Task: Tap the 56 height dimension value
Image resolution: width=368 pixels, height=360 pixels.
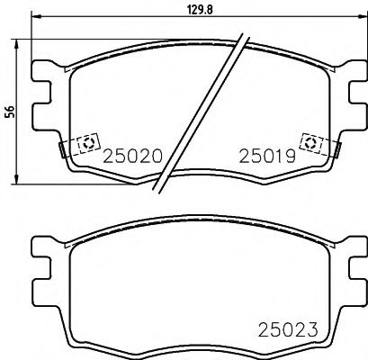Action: coord(10,111)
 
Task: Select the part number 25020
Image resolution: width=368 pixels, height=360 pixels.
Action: coord(132,156)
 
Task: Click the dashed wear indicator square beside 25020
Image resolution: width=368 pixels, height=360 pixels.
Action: coord(88,143)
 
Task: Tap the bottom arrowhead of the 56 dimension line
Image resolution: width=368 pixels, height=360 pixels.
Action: coord(22,181)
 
